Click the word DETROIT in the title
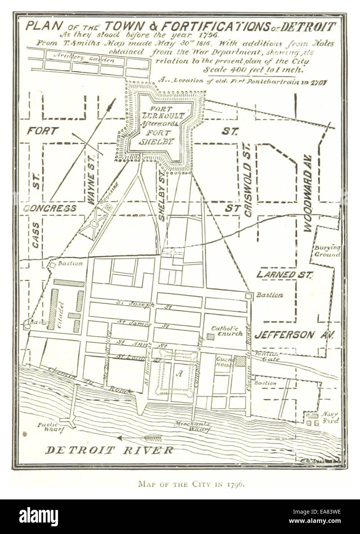pyautogui.click(x=309, y=27)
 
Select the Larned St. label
pyautogui.click(x=285, y=274)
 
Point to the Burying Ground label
pyautogui.click(x=327, y=251)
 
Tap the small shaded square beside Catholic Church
pyautogui.click(x=211, y=337)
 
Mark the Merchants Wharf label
pyautogui.click(x=192, y=426)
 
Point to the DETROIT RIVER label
pyautogui.click(x=109, y=450)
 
